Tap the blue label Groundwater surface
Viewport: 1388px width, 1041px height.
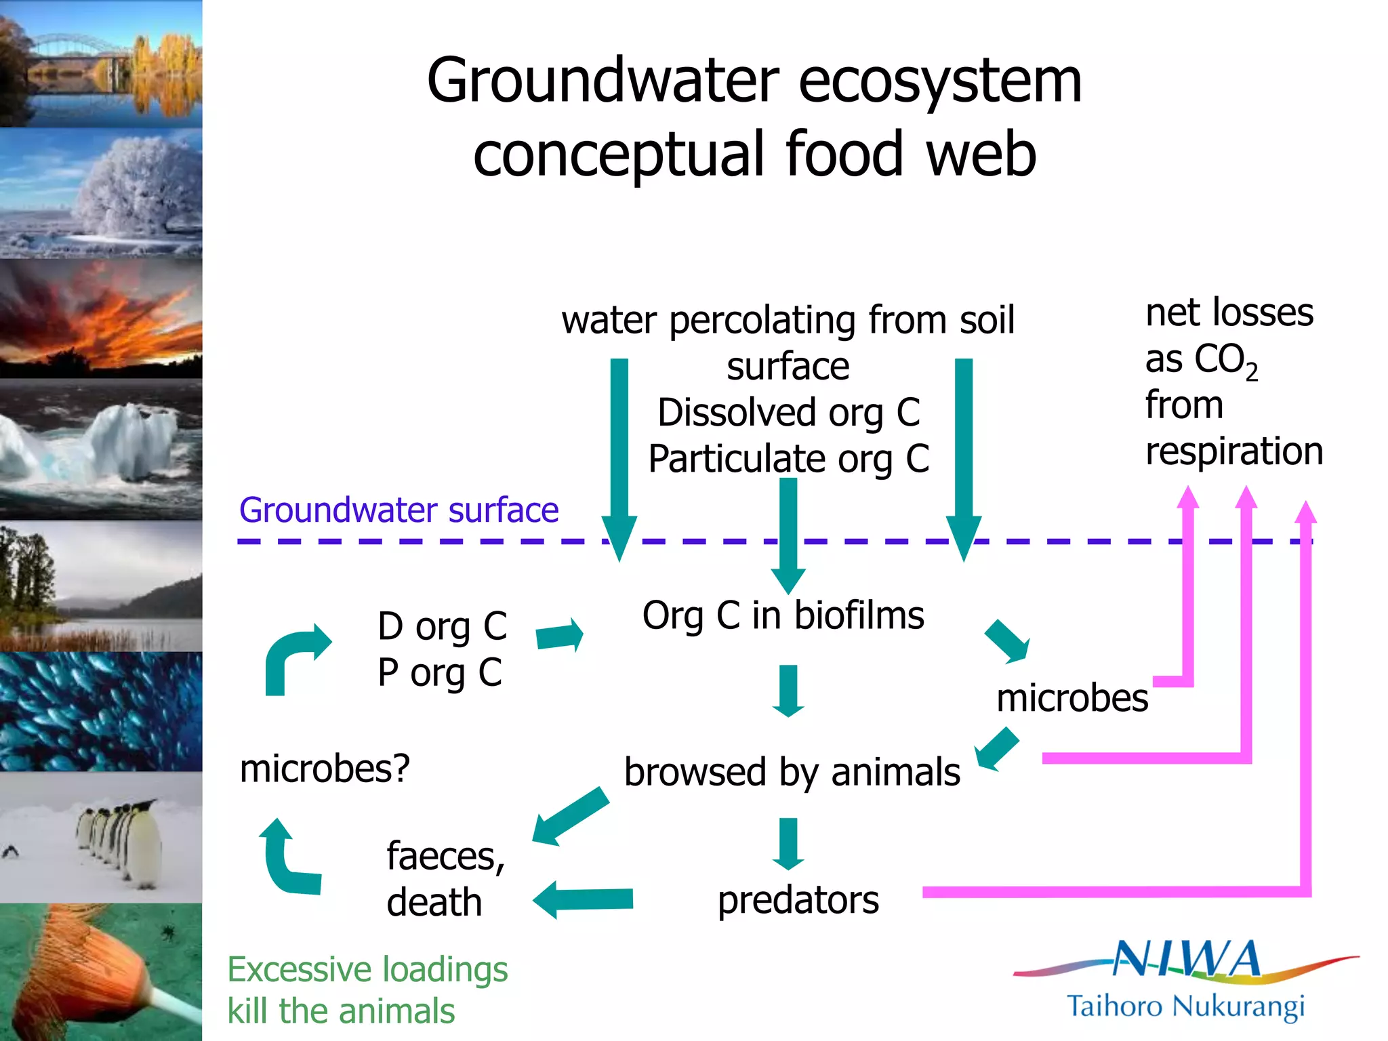pyautogui.click(x=399, y=510)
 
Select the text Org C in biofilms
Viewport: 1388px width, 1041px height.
pyautogui.click(x=783, y=615)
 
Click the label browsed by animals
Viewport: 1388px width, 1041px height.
pyautogui.click(x=792, y=772)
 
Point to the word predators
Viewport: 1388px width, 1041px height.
pyautogui.click(x=798, y=900)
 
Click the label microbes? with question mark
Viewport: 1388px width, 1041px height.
pyautogui.click(x=325, y=769)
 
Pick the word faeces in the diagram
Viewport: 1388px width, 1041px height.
pyautogui.click(x=445, y=856)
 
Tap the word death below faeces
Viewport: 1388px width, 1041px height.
pyautogui.click(x=434, y=903)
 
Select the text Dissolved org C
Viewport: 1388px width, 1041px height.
pyautogui.click(x=788, y=412)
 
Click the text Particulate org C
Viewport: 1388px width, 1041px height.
pyautogui.click(x=788, y=459)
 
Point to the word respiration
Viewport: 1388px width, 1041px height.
pyautogui.click(x=1233, y=451)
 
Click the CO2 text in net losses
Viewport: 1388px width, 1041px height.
pyautogui.click(x=1224, y=360)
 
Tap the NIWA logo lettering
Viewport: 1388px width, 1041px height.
pyautogui.click(x=1186, y=960)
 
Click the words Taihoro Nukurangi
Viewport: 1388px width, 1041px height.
pyautogui.click(x=1185, y=1006)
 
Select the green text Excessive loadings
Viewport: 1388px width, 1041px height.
pyautogui.click(x=367, y=969)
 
